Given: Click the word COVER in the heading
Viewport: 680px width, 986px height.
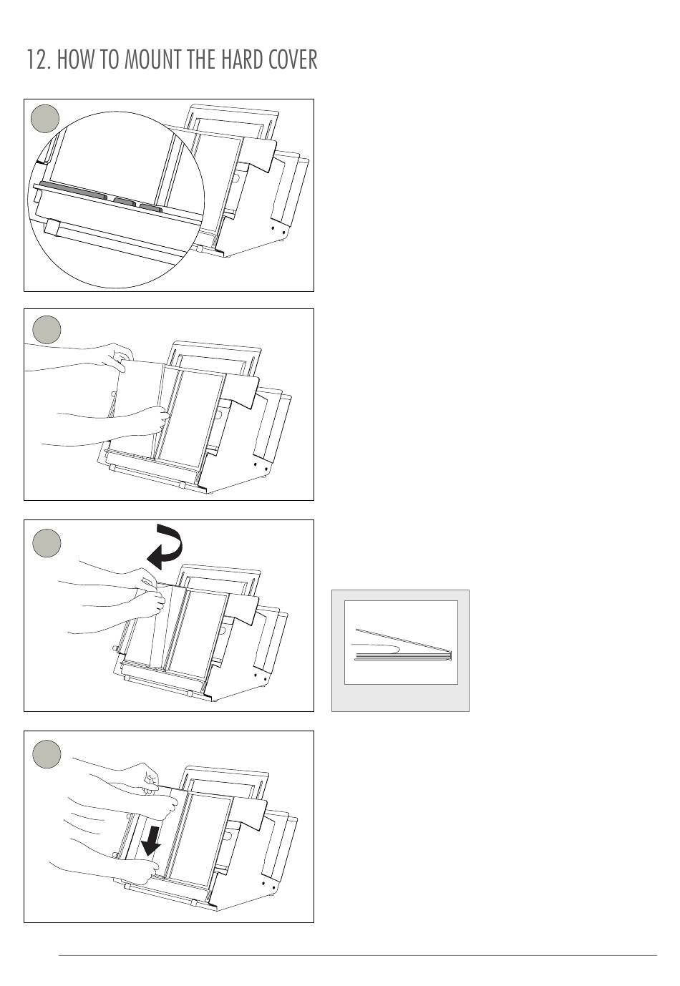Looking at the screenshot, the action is [293, 59].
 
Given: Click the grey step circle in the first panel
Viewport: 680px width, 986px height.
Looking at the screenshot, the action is [46, 119].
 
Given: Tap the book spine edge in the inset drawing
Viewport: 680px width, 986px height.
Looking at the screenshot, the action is [450, 654].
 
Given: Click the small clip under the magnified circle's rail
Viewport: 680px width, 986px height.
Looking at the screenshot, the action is [52, 228].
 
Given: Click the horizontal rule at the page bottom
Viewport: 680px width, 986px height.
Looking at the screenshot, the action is [358, 955].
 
